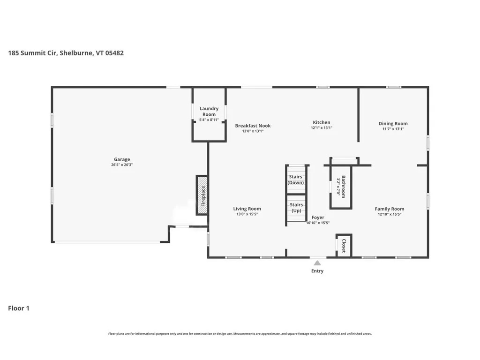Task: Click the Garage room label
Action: point(122,159)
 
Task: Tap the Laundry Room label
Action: point(209,112)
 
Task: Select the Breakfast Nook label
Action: point(253,126)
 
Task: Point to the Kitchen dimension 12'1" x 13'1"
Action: point(322,128)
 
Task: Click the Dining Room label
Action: point(393,124)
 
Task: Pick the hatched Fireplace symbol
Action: point(202,195)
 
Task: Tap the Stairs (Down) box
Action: point(296,180)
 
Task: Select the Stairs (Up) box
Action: point(296,208)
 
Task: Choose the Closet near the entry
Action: point(344,246)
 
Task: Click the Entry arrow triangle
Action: point(317,263)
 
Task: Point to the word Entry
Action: point(317,271)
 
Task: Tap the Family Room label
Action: point(389,209)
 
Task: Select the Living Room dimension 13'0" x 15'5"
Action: point(247,214)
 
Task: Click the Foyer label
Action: point(318,217)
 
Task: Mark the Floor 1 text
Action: point(19,308)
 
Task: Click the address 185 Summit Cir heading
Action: point(66,53)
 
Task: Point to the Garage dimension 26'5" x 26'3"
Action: point(122,165)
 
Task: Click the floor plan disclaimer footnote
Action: point(240,334)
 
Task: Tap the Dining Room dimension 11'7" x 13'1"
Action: point(393,129)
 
